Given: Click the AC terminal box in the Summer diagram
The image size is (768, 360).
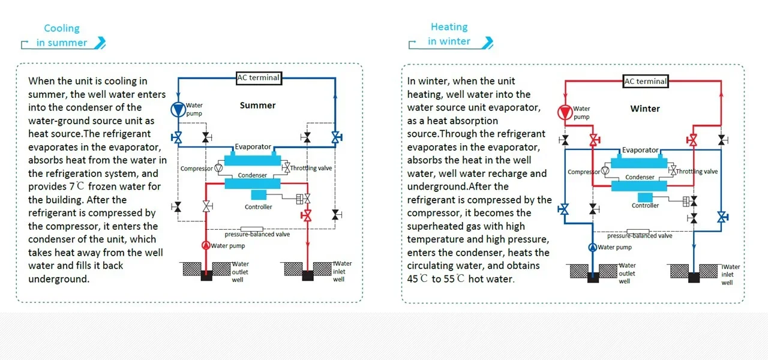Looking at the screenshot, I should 259,77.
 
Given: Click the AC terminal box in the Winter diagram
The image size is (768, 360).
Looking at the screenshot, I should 646,81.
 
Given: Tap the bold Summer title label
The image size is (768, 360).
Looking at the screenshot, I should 257,106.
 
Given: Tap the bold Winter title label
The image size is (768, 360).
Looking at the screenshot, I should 645,109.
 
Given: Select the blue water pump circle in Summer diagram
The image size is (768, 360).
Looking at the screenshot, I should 178,110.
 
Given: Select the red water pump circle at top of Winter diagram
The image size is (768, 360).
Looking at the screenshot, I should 565,112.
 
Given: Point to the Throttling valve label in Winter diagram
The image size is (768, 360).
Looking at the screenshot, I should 697,172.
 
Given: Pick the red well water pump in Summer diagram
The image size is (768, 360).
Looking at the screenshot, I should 206,245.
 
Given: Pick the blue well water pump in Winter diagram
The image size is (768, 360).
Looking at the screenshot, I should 592,247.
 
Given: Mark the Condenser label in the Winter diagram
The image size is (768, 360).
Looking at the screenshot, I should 640,178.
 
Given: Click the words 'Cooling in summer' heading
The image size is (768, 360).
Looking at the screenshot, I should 62,35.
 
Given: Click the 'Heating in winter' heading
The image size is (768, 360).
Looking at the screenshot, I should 449,34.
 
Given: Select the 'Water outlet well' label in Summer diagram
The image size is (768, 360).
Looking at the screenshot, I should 240,272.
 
